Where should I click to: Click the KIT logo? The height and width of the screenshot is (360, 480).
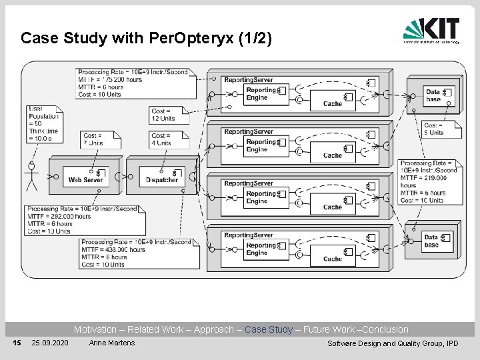click(x=431, y=30)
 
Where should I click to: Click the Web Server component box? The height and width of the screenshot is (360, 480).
click(x=85, y=175)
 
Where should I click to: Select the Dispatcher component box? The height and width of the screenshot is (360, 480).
click(x=162, y=175)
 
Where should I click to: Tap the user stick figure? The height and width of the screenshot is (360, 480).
click(x=31, y=175)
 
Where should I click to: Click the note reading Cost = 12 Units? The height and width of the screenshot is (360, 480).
click(x=167, y=115)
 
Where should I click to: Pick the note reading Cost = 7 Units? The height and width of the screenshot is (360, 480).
click(x=100, y=139)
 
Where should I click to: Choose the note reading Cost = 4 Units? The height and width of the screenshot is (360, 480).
click(x=167, y=139)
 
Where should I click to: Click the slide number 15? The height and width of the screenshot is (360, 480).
click(x=17, y=343)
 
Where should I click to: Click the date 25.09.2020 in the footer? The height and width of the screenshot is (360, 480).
click(x=49, y=343)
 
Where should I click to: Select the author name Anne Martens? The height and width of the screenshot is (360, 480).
click(x=111, y=343)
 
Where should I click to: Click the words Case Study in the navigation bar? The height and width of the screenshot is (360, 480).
click(x=269, y=329)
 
